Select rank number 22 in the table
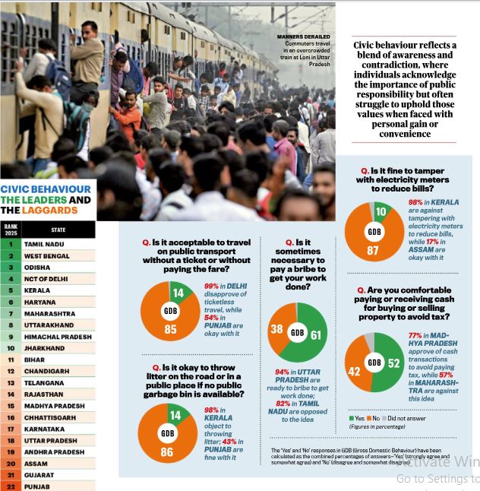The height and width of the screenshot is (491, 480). pos(11,486)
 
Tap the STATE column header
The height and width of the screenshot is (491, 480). pos(58,230)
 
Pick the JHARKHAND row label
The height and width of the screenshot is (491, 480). pos(45,348)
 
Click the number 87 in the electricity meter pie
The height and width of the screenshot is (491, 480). pos(373,251)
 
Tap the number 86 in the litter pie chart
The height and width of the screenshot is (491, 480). pos(167,452)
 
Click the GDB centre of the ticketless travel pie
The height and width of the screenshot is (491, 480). pos(171,311)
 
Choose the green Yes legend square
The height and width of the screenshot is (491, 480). pos(352,418)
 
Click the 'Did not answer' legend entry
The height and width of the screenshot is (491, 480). pos(404,418)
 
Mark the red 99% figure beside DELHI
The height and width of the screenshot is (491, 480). pos(211,286)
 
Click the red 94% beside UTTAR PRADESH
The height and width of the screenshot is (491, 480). pos(282,372)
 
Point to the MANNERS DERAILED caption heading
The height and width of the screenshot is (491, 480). pos(303,37)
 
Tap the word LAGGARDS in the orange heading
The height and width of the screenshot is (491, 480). pos(49,210)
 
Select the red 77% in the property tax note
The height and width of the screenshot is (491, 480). pos(415,335)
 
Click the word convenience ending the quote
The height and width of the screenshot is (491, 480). pos(405,134)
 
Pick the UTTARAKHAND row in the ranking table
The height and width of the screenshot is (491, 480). pos(49,325)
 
